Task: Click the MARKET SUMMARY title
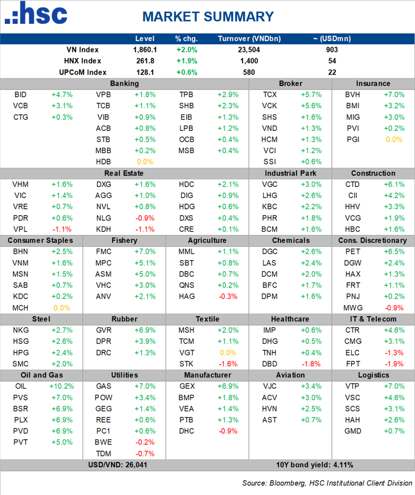pyautogui.click(x=208, y=16)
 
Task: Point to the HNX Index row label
pyautogui.click(x=83, y=61)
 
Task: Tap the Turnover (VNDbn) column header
pyautogui.click(x=249, y=39)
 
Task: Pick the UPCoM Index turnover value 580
pyautogui.click(x=249, y=72)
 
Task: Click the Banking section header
pyautogui.click(x=125, y=84)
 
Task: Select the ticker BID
pyautogui.click(x=19, y=94)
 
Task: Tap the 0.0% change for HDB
pyautogui.click(x=145, y=162)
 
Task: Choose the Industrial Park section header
pyautogui.click(x=290, y=173)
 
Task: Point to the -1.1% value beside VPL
pyautogui.click(x=61, y=229)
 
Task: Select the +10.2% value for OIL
pyautogui.click(x=60, y=386)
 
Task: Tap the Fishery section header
pyautogui.click(x=124, y=240)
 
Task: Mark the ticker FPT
pyautogui.click(x=352, y=363)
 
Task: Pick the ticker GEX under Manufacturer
pyautogui.click(x=186, y=386)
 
